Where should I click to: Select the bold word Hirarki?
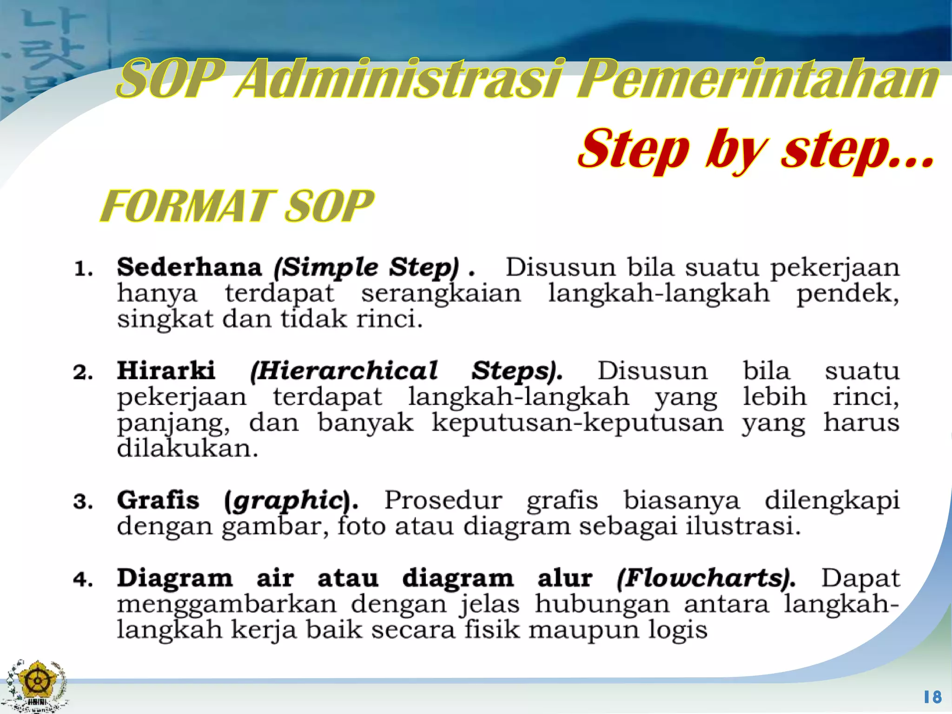(166, 370)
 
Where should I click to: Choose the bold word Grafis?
(158, 500)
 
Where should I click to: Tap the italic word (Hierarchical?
(344, 371)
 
